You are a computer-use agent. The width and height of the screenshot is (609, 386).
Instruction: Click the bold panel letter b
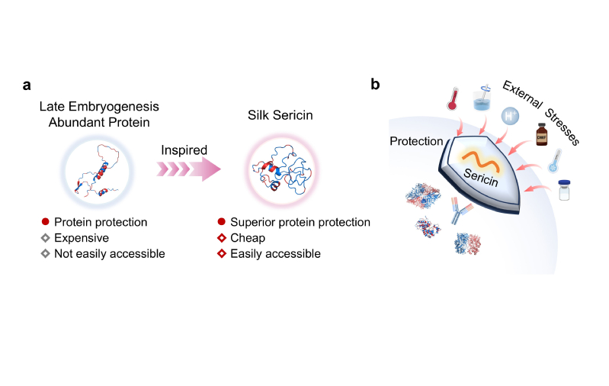375,84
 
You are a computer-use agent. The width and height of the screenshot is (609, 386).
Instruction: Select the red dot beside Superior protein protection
221,222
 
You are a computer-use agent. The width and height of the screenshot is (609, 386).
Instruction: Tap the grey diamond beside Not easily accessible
46,253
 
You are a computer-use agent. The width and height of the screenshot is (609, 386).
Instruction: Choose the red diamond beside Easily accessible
221,253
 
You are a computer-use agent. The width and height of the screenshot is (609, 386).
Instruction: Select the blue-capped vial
564,190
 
